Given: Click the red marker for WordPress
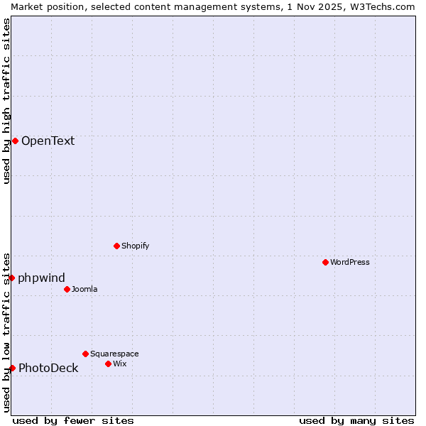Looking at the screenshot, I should click(x=325, y=262).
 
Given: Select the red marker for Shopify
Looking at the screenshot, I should click(x=116, y=246).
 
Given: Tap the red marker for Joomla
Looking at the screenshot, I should click(x=67, y=289).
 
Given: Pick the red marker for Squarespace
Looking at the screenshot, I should click(x=85, y=354).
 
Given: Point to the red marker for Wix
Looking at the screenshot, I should click(x=108, y=364).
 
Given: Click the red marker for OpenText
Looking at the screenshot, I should click(x=15, y=141).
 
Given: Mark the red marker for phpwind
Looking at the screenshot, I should click(x=12, y=278).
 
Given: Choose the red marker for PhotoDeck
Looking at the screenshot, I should click(x=12, y=368).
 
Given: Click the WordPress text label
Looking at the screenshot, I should click(x=350, y=262).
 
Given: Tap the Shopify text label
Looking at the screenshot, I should click(x=135, y=246).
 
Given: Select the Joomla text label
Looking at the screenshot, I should click(x=84, y=289).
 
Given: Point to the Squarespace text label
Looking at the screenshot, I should click(x=114, y=354).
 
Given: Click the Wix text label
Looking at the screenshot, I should click(x=119, y=364).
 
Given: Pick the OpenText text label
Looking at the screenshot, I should click(x=48, y=141).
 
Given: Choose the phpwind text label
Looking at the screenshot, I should click(x=41, y=278).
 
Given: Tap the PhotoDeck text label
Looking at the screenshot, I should click(x=48, y=368).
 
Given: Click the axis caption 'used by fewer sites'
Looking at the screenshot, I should click(x=73, y=420).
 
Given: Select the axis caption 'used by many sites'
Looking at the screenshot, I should click(x=356, y=420).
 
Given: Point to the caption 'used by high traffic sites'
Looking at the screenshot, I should click(x=6, y=101).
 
